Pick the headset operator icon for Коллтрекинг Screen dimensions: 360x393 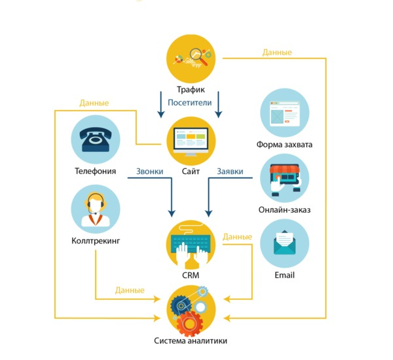(96, 209)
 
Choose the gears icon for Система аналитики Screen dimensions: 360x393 (191, 308)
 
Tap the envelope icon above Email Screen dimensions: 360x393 (284, 243)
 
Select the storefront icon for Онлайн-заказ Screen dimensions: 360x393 (284, 178)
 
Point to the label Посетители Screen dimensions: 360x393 (189, 103)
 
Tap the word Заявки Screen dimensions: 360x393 (230, 171)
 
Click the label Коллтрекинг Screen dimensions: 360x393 (96, 241)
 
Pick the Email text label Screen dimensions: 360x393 (284, 275)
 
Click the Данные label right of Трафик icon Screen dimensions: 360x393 (277, 52)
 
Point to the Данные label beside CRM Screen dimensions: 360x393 (237, 236)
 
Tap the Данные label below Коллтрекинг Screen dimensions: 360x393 (130, 290)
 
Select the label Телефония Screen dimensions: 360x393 (96, 171)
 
